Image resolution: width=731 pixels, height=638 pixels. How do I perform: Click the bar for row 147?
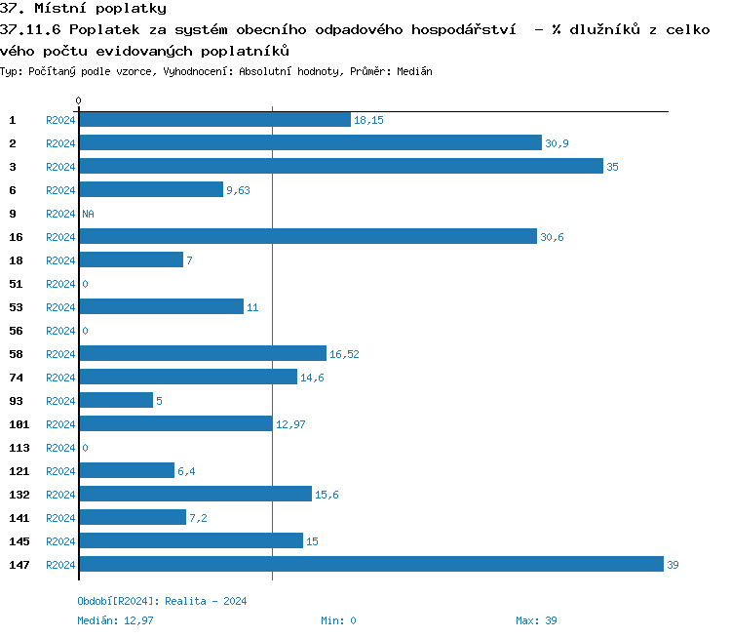click(x=370, y=565)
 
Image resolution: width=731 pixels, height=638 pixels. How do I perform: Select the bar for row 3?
click(x=341, y=167)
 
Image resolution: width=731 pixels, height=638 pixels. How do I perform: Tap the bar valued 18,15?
click(x=214, y=120)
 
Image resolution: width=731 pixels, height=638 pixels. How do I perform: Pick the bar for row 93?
click(x=116, y=401)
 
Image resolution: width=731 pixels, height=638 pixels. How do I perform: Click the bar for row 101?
click(x=175, y=424)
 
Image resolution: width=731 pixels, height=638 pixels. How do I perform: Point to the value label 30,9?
click(x=557, y=143)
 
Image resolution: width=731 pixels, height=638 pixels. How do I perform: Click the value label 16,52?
click(x=344, y=354)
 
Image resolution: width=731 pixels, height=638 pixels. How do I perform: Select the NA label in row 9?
click(x=88, y=214)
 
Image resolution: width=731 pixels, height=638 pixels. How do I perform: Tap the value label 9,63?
click(x=238, y=190)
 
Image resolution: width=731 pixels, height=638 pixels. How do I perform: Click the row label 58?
click(x=16, y=354)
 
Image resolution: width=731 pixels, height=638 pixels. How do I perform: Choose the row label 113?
click(x=19, y=448)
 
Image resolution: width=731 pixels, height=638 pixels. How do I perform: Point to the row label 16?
click(x=16, y=237)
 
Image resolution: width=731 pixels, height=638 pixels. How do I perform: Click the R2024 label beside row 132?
click(x=60, y=495)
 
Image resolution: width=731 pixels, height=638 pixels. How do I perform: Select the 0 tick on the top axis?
click(x=79, y=100)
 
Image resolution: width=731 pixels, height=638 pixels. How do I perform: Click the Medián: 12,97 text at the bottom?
click(x=115, y=620)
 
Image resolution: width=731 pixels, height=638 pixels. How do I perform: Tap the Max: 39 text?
click(x=536, y=620)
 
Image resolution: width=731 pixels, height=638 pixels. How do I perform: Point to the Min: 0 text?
click(x=338, y=620)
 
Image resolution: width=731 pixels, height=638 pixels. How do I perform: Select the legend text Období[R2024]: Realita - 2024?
click(x=162, y=601)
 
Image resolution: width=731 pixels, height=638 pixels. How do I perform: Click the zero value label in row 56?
click(x=86, y=331)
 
